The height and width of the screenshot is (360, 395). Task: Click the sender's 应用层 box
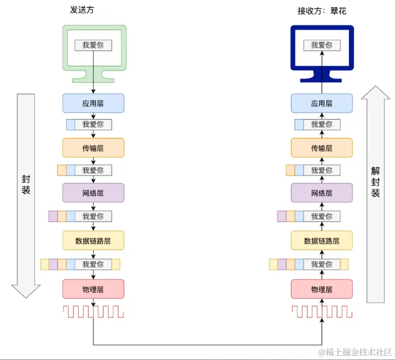coord(93,103)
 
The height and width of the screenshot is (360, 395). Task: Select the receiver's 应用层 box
coord(322,103)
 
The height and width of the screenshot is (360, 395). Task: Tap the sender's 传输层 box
coord(93,148)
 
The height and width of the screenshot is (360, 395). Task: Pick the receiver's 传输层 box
coord(322,148)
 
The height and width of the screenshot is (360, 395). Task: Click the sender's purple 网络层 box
coord(93,193)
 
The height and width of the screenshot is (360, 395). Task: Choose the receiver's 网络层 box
coord(322,193)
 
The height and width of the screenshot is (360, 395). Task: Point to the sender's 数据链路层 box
coord(93,240)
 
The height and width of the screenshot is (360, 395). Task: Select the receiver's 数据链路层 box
coord(322,240)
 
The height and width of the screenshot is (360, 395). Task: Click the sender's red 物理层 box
coord(93,289)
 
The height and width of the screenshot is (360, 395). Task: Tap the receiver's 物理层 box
coord(322,289)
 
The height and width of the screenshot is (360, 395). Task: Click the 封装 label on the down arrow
coord(26,184)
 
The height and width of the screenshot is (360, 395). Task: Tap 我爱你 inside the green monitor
coord(93,45)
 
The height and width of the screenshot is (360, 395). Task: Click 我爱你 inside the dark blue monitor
coord(322,45)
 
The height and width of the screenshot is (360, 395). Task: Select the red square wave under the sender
coord(93,311)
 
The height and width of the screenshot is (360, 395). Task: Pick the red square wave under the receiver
coord(322,311)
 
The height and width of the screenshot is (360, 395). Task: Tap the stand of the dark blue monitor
coord(322,78)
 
